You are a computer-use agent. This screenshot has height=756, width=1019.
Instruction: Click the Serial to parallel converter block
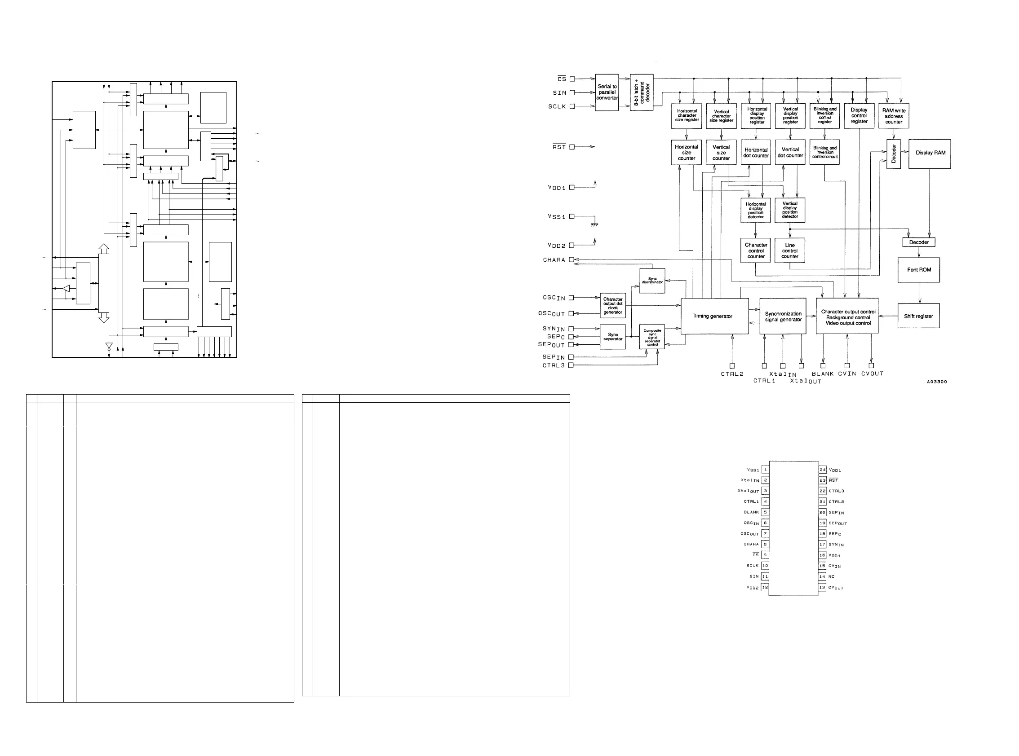coord(607,92)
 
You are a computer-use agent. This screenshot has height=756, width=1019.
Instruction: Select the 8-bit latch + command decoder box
coord(642,92)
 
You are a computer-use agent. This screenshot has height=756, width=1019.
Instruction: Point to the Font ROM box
coord(919,270)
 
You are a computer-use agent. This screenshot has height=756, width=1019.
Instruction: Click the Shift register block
coord(918,316)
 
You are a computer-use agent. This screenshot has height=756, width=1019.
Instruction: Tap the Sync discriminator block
coord(652,281)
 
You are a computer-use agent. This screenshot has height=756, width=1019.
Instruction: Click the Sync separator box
coord(613,337)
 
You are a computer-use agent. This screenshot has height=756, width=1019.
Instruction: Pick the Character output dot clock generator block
coord(613,306)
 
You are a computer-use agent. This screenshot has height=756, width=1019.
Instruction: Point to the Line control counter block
coord(790,251)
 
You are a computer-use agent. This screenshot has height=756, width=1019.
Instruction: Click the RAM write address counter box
coord(894,116)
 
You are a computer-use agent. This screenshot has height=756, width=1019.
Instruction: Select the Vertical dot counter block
coord(790,152)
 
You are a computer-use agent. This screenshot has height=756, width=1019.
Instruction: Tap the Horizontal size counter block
coord(687,152)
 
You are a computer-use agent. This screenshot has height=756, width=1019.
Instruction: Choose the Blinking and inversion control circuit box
coord(824,152)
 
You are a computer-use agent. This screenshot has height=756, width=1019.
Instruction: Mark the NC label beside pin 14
coord(832,576)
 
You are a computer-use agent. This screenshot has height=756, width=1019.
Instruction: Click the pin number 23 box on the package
coord(823,480)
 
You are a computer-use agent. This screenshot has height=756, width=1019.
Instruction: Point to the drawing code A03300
coord(937,382)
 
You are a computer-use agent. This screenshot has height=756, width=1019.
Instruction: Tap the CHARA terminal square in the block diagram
coord(572,260)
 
